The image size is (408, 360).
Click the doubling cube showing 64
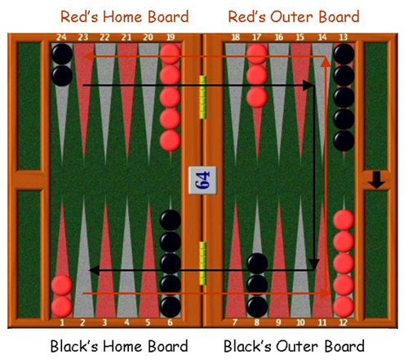[x=202, y=180]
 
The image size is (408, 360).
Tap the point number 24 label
[x=61, y=38]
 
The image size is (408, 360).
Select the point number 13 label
[x=344, y=38]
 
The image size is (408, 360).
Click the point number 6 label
[x=170, y=322]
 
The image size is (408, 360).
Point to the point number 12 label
[x=344, y=322]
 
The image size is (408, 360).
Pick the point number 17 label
[x=257, y=38]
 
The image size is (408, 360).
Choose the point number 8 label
[x=257, y=322]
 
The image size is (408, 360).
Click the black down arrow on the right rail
[x=377, y=180]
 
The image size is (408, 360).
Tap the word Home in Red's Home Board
[x=123, y=17]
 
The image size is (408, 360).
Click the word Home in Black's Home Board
[x=123, y=346]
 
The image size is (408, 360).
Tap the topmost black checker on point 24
[x=62, y=54]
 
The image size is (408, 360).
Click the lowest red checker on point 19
[x=171, y=140]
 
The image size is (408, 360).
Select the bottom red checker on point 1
[x=62, y=306]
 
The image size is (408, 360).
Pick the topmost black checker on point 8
[x=257, y=264]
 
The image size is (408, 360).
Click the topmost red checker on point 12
[x=344, y=220]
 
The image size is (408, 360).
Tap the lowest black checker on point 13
[x=344, y=140]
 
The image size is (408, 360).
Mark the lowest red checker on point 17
[x=257, y=97]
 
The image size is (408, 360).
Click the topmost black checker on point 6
[x=171, y=220]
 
